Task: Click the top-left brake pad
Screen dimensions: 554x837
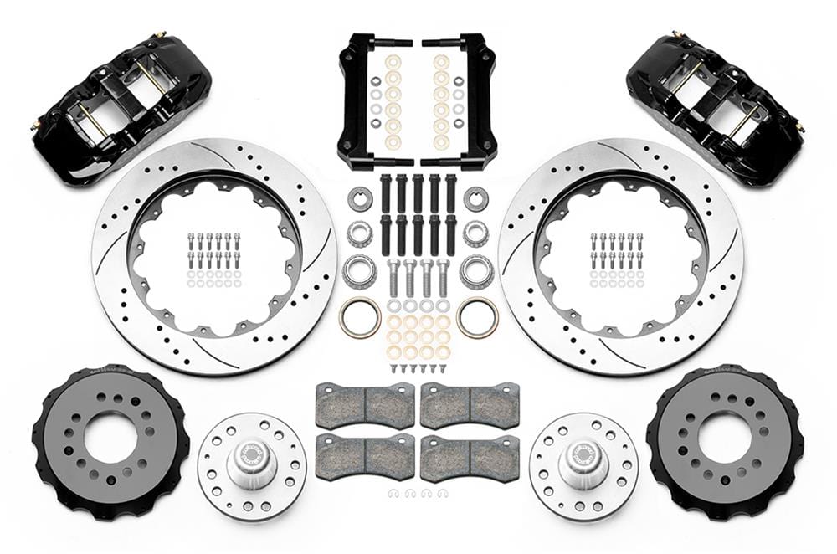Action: (x=365, y=404)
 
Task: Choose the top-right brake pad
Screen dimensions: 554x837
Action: (x=470, y=404)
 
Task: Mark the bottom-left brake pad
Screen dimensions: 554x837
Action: (x=365, y=456)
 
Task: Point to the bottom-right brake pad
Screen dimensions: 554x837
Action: (x=470, y=456)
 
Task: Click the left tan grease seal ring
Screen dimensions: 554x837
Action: (x=360, y=317)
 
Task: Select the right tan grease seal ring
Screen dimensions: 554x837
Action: (x=478, y=317)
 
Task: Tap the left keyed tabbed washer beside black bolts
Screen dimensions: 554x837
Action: (x=360, y=199)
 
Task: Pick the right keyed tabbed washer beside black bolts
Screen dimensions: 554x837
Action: (x=476, y=199)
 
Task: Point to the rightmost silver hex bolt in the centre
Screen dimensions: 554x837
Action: (x=443, y=276)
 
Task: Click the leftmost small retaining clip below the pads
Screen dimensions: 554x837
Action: (x=394, y=494)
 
